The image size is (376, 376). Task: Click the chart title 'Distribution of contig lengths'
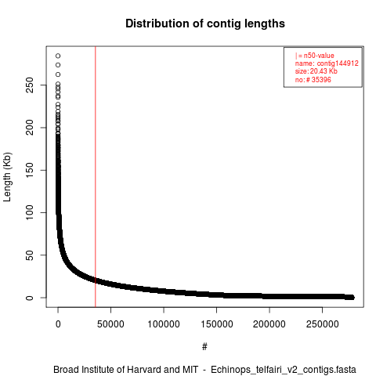205,23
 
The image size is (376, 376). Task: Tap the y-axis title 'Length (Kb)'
7,177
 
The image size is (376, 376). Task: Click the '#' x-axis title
204,347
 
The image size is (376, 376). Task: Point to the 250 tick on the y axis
30,85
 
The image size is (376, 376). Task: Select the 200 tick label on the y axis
30,128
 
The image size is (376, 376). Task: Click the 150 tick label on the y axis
30,170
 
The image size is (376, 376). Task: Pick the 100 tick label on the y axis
30,212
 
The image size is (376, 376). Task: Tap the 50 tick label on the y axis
30,255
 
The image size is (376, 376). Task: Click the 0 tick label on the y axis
30,298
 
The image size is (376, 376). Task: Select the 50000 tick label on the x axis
110,324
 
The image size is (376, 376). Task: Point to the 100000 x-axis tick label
164,324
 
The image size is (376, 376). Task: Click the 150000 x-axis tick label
217,324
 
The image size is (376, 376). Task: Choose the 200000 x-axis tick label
269,324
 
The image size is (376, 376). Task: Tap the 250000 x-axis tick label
323,324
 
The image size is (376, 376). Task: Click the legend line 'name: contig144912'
327,63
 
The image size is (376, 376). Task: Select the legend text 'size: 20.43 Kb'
316,71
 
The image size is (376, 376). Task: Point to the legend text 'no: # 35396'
313,79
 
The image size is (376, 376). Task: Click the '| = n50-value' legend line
315,56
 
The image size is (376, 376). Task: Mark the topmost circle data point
58,56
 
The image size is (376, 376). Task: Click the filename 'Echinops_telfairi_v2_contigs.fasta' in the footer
284,370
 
